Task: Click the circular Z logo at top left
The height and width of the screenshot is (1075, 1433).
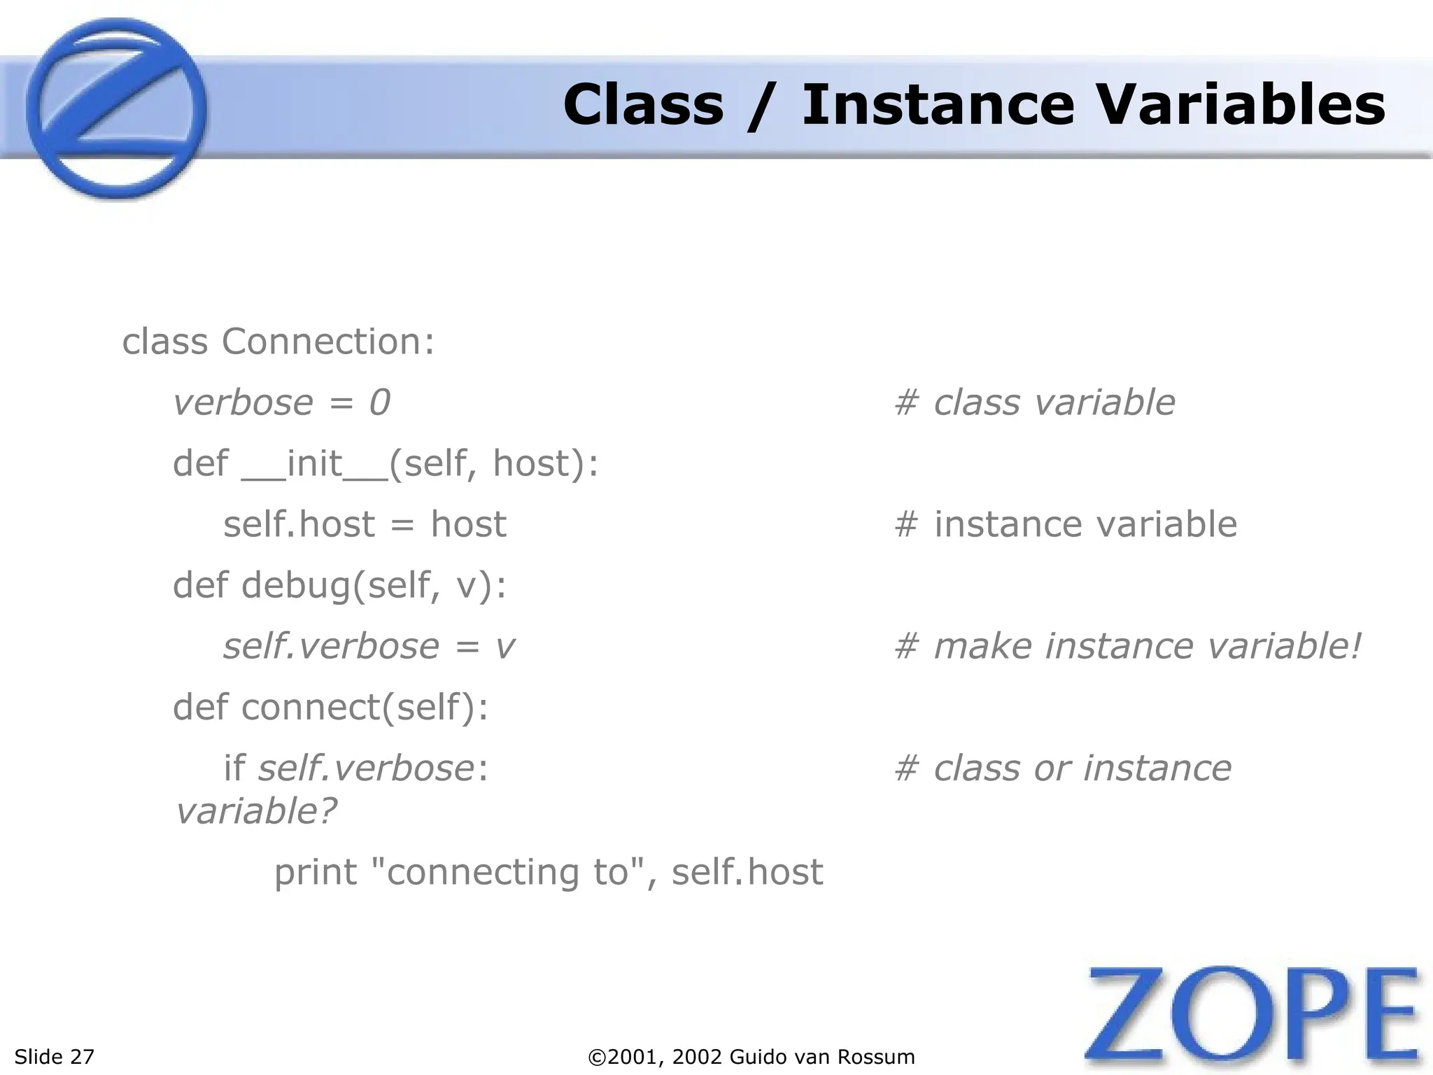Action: tap(116, 109)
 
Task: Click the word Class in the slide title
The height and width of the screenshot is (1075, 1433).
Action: tap(642, 105)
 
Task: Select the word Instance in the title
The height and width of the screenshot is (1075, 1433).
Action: tap(938, 105)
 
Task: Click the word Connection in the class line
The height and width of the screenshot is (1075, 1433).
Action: tap(322, 342)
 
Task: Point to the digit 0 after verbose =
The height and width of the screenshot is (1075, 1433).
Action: tap(379, 403)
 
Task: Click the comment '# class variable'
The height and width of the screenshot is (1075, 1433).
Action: tap(1034, 403)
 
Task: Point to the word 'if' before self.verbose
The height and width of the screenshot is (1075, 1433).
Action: tap(234, 768)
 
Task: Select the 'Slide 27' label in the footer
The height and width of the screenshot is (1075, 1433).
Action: tap(54, 1057)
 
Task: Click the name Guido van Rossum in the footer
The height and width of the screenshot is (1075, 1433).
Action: tap(821, 1057)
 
